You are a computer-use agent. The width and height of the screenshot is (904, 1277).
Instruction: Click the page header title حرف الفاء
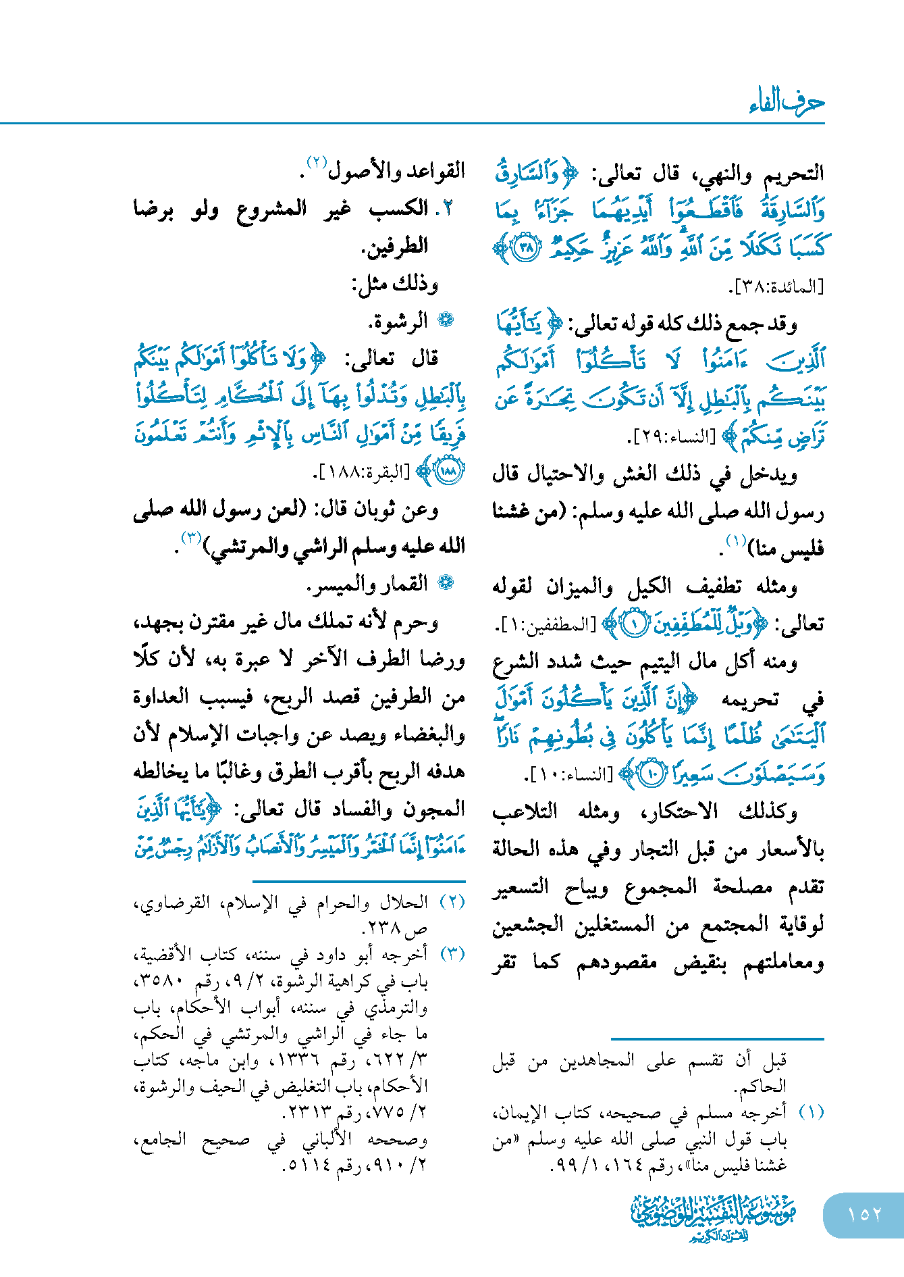[x=787, y=102]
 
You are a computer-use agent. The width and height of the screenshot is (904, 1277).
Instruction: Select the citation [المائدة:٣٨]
[x=778, y=287]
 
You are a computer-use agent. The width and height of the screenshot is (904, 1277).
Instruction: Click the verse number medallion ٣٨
[x=527, y=248]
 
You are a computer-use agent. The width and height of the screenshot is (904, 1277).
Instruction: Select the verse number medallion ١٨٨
[x=449, y=471]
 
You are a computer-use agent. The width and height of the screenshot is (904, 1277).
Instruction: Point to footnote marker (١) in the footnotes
[x=811, y=1112]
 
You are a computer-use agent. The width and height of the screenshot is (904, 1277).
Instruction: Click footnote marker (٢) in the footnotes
[x=452, y=901]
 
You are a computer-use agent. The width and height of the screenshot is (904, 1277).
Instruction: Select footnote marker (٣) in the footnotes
[x=452, y=954]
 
